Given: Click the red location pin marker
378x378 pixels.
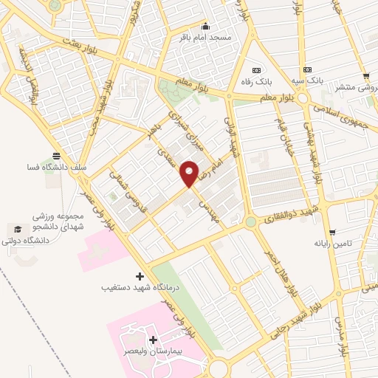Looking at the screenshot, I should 190,173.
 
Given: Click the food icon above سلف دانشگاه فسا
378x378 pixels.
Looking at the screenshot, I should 58,156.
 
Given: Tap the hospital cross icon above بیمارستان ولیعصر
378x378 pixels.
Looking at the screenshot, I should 154,340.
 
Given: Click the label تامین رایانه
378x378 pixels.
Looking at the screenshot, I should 331,243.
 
